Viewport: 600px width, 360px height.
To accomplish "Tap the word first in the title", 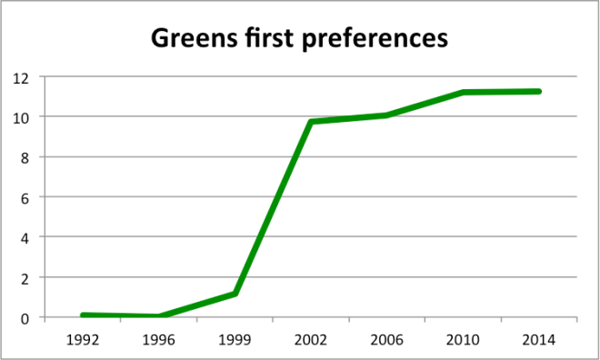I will (x=274, y=40).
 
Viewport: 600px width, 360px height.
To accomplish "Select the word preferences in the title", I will (x=376, y=40).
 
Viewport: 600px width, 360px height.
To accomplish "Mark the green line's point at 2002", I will (x=312, y=122).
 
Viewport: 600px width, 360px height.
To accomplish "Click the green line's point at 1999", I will (x=236, y=294).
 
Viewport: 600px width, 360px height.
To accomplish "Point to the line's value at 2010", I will (x=464, y=92).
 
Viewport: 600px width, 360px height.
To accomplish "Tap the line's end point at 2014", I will (x=540, y=91).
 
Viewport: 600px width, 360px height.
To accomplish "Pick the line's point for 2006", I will (x=387, y=115).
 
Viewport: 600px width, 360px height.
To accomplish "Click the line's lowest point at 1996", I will (x=160, y=316).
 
